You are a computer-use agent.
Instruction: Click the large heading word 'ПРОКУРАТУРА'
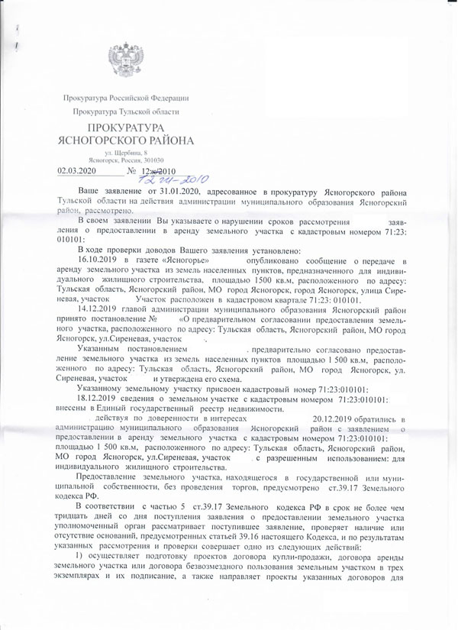[121, 129]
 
